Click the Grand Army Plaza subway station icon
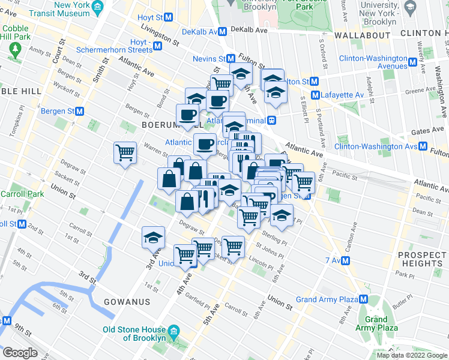coord(364,299)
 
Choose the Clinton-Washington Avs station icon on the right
coord(423,146)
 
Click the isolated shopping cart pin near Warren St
coord(125,152)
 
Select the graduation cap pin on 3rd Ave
coord(153,238)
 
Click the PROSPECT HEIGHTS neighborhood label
coord(421,259)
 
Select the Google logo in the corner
coord(20,353)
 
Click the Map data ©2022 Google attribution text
coord(411,355)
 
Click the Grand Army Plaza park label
coord(376,323)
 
